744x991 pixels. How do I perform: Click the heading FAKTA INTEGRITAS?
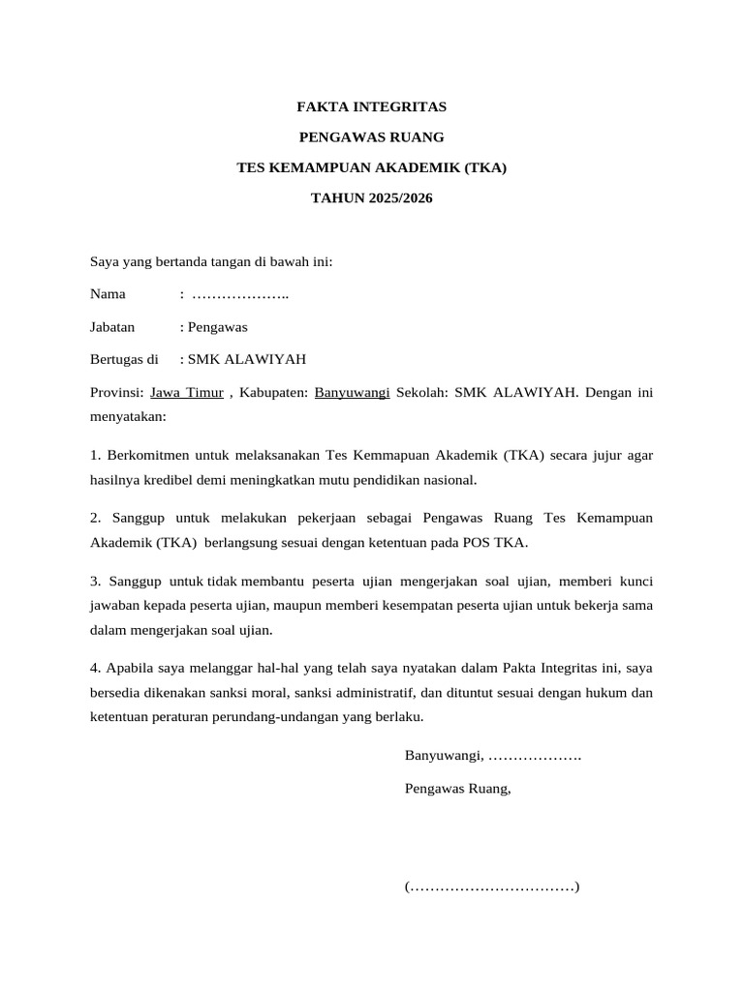(x=372, y=106)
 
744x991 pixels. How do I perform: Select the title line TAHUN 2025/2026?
(x=372, y=198)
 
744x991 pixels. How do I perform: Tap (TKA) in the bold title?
(x=484, y=167)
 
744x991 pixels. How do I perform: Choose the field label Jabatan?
(x=112, y=327)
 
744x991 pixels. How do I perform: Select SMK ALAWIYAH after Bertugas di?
(x=247, y=359)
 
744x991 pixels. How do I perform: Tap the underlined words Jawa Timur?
(x=187, y=393)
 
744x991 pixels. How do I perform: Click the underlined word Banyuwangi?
(x=353, y=393)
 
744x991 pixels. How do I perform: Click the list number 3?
(x=95, y=581)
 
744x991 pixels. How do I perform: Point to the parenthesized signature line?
(x=492, y=886)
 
